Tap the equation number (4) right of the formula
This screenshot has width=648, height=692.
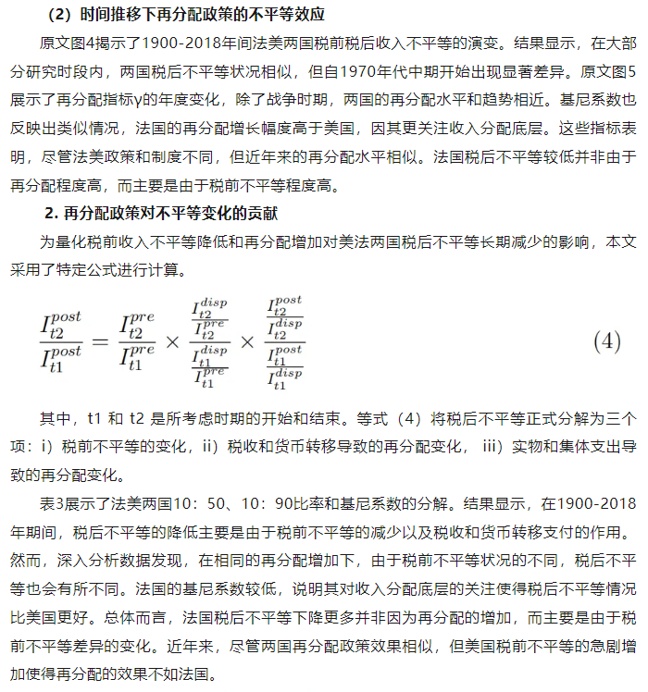(x=605, y=340)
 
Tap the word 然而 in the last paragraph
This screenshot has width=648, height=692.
(x=23, y=561)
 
